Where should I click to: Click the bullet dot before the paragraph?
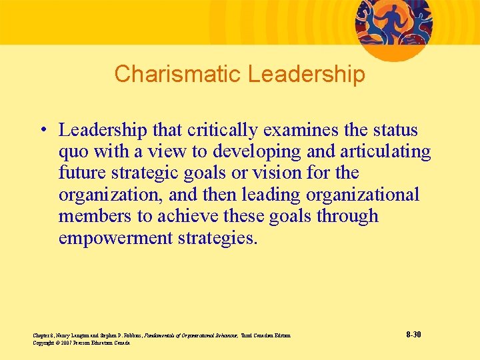(x=44, y=130)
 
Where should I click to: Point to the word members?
(x=93, y=217)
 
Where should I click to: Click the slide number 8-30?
(x=413, y=334)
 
